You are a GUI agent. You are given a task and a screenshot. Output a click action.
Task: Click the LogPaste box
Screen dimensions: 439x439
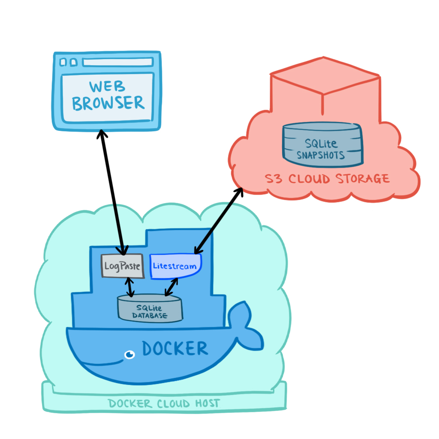click(x=122, y=266)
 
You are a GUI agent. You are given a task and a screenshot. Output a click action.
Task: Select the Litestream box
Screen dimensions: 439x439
click(x=175, y=266)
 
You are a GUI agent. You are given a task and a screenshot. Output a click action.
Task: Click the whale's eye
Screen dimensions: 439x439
click(x=129, y=354)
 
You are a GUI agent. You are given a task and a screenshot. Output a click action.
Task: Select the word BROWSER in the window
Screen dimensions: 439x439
click(x=108, y=103)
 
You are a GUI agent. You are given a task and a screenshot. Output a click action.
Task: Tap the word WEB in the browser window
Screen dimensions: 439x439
click(x=108, y=86)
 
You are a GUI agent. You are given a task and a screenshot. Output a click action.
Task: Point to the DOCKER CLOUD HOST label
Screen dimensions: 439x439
click(x=164, y=403)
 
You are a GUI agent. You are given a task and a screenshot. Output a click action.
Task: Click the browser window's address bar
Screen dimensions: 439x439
click(x=117, y=63)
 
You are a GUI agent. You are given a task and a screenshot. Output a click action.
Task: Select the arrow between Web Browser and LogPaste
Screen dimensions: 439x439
click(x=112, y=191)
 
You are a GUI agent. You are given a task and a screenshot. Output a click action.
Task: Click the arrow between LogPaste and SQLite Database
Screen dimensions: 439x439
click(x=129, y=287)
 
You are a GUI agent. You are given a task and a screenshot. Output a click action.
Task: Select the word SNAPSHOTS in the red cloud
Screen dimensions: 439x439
click(x=321, y=155)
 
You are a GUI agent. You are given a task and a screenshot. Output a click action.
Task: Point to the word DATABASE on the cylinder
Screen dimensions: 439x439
click(x=150, y=317)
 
